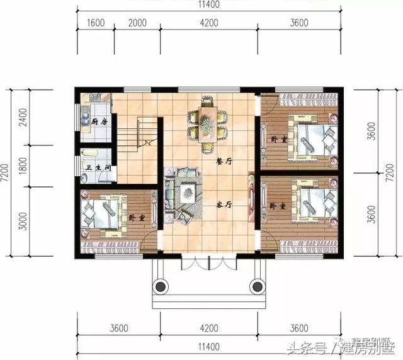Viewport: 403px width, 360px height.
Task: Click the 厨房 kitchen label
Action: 98,121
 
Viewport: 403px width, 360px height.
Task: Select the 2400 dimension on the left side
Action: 23,118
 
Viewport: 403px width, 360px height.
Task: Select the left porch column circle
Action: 161,288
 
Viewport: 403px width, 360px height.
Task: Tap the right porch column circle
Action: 256,288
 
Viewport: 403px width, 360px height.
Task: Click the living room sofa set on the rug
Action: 178,193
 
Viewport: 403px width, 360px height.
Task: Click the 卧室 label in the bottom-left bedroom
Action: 133,217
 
